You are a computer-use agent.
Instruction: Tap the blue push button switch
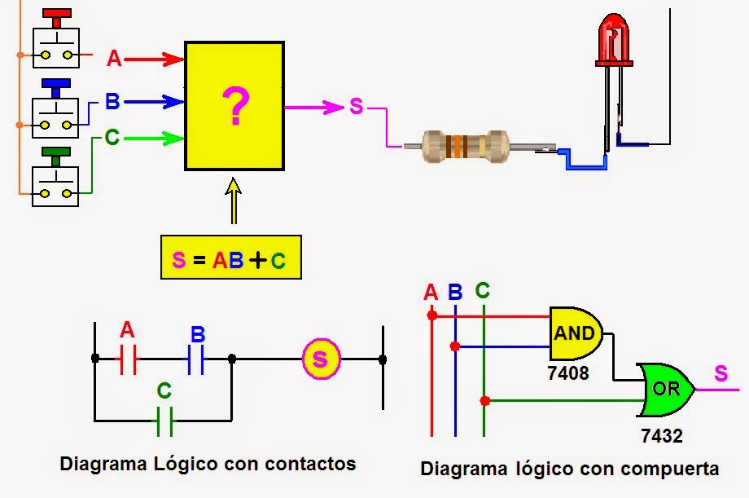55,109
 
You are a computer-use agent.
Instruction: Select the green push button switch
55,178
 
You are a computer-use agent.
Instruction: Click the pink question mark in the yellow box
234,108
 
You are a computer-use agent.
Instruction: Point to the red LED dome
613,41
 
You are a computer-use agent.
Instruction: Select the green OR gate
667,389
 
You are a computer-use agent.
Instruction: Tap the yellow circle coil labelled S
320,359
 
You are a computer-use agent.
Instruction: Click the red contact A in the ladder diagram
128,358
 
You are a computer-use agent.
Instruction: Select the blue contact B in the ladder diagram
195,358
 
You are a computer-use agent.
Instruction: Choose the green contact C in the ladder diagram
164,421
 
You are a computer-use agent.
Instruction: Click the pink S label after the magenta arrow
356,106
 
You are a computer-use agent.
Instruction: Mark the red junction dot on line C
484,401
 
